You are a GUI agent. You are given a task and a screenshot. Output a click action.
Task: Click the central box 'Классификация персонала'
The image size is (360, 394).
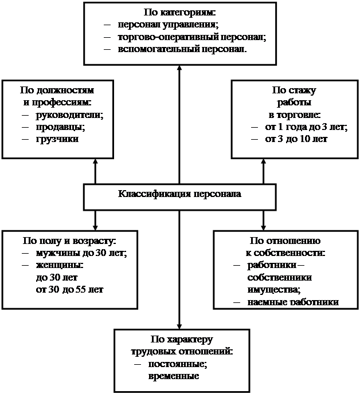click(x=179, y=197)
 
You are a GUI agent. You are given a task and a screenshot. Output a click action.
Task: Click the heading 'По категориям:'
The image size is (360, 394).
click(x=179, y=13)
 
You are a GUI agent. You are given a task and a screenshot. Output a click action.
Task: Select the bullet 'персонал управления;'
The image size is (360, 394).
click(x=169, y=25)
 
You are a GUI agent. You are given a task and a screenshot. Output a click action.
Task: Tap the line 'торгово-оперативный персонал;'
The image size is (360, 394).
click(x=192, y=37)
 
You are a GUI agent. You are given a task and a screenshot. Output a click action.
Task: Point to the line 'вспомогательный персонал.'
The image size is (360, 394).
click(x=182, y=49)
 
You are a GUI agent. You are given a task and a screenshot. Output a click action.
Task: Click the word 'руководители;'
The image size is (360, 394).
click(x=70, y=115)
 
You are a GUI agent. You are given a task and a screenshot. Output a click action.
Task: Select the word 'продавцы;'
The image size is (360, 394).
click(x=61, y=127)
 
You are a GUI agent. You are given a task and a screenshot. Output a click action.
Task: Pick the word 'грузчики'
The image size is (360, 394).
click(x=57, y=139)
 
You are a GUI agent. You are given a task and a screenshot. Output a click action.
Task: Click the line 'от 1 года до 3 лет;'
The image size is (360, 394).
click(x=307, y=127)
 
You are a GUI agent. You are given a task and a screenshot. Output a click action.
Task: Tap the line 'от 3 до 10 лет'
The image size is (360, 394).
click(x=296, y=139)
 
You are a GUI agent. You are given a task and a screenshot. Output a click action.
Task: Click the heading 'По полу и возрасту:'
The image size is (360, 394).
click(x=69, y=241)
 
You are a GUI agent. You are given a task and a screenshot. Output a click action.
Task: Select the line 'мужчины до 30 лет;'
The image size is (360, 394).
click(x=81, y=253)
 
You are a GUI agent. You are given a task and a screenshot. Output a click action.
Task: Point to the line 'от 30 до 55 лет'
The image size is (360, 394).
click(x=70, y=289)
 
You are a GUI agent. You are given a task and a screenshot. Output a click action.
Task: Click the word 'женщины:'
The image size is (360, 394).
click(x=60, y=265)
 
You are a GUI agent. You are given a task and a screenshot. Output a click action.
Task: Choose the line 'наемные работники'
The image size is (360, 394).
click(x=293, y=302)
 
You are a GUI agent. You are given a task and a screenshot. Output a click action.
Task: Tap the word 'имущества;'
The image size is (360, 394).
click(x=274, y=290)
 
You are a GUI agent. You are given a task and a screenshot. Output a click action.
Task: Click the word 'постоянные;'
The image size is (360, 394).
click(x=178, y=364)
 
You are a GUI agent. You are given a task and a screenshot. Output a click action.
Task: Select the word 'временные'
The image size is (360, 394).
click(x=174, y=376)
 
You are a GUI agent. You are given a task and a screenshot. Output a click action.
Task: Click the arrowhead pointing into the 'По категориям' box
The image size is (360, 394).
click(x=179, y=69)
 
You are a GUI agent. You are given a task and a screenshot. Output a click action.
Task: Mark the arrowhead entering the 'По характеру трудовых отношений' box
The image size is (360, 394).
click(x=179, y=326)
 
